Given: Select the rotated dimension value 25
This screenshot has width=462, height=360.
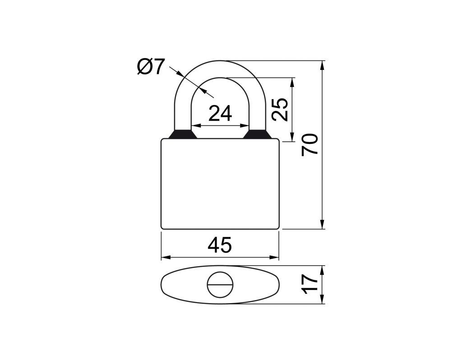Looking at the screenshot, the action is coord(280,109).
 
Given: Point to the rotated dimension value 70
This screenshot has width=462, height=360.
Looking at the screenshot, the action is coord(310,145).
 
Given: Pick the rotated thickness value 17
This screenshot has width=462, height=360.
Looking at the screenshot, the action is coord(310,284).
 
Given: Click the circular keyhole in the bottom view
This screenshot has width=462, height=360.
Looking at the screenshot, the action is coord(220,285).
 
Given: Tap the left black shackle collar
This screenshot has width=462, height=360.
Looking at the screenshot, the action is coord(183,134).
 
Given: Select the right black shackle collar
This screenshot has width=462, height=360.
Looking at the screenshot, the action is coord(257,134).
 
